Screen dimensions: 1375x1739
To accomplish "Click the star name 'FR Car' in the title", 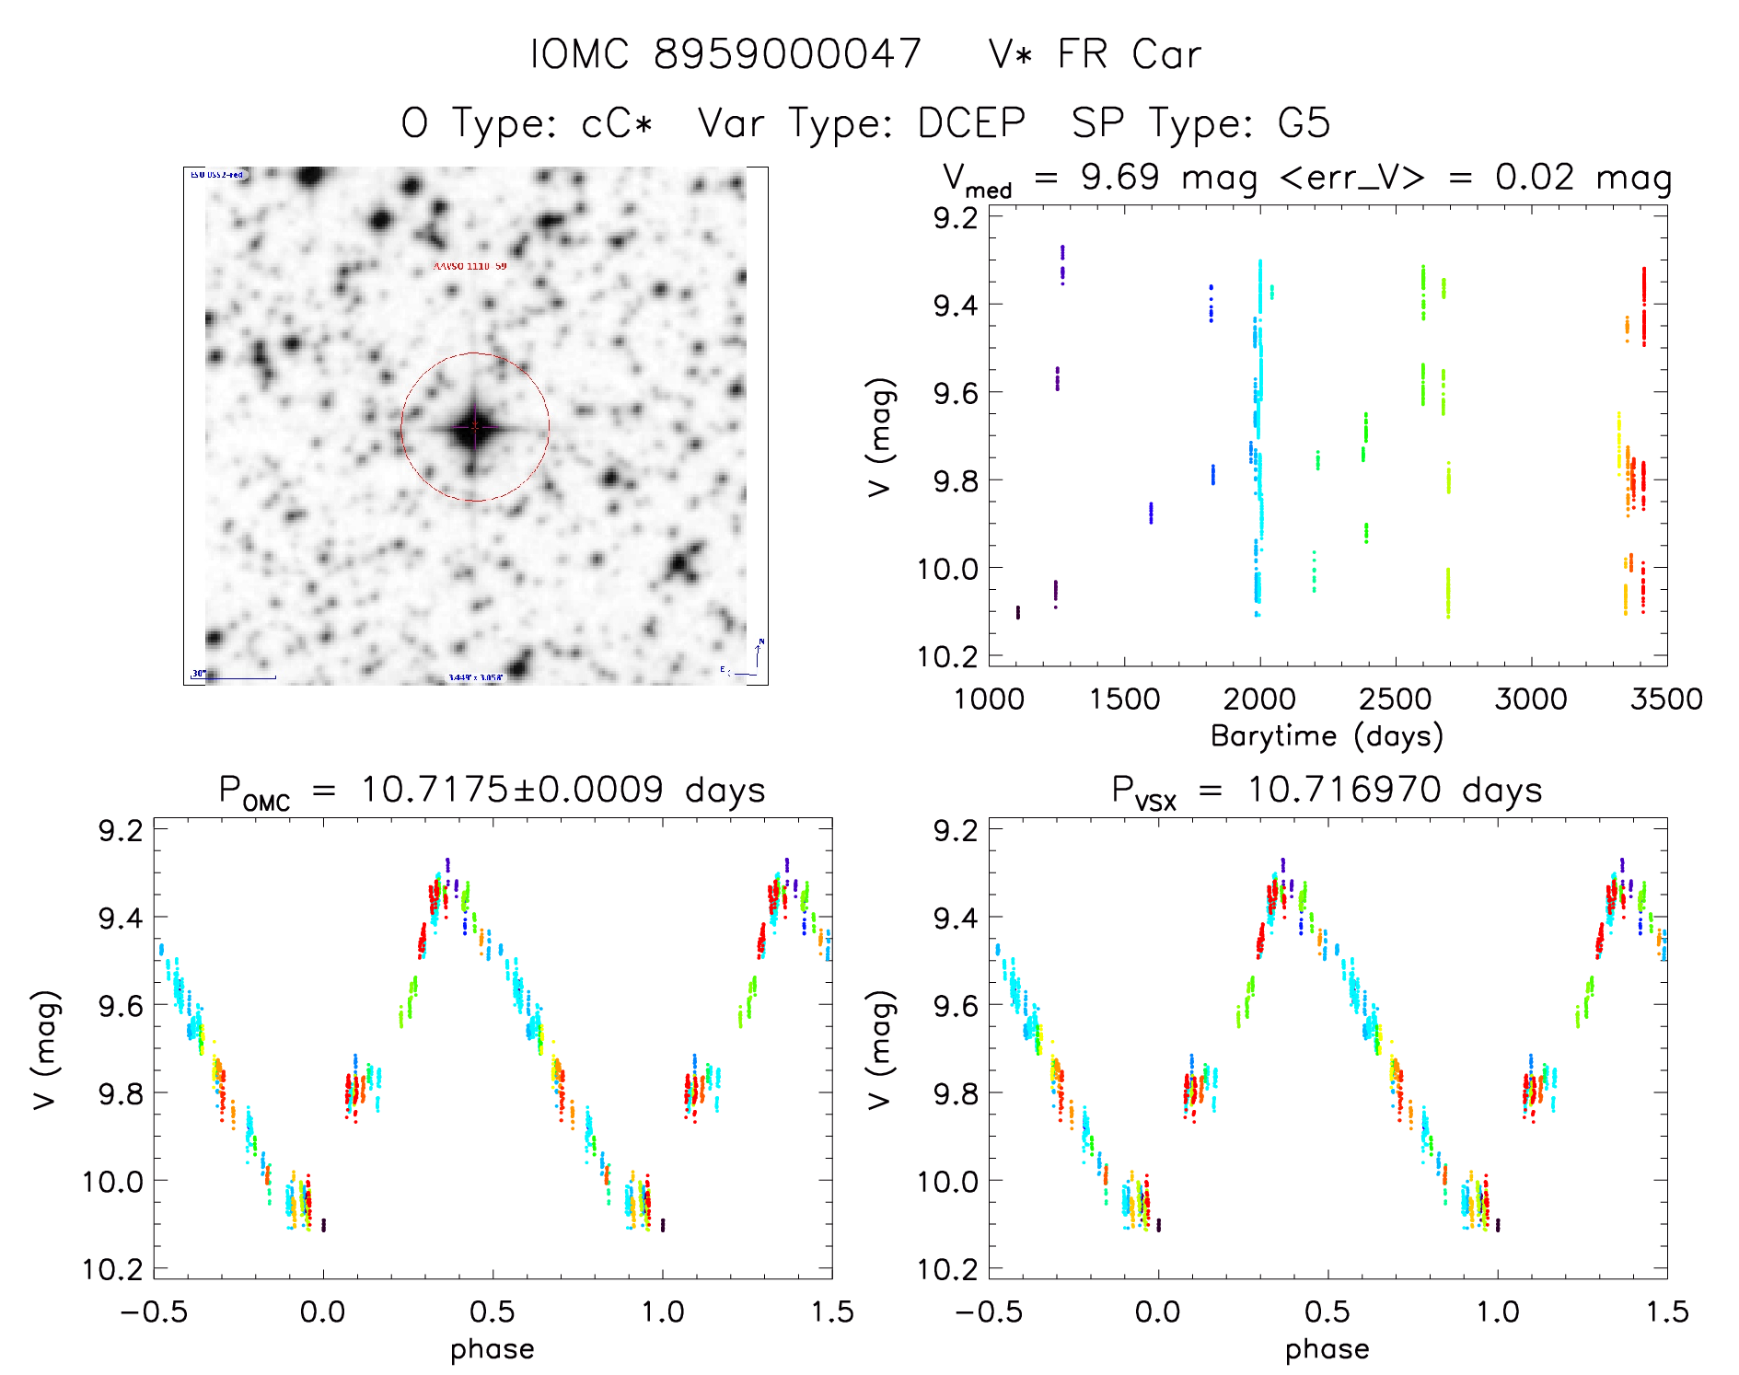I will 1129,54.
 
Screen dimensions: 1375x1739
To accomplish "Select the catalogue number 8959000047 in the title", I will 787,54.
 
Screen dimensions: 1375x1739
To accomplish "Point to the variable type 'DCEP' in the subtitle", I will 971,123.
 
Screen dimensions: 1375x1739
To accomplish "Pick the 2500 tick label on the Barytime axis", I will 1395,699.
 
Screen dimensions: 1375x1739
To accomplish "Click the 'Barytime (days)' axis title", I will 1327,735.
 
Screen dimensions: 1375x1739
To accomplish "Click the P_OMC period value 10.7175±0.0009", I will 512,790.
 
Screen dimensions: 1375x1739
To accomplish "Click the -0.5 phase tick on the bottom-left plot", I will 154,1311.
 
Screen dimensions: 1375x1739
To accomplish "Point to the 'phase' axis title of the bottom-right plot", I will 1327,1349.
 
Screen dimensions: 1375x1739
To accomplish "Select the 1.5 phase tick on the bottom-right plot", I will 1666,1311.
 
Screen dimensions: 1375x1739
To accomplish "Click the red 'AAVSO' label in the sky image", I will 470,266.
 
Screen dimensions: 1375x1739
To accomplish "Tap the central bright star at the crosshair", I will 474,426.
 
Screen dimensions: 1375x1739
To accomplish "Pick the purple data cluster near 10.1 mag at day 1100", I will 1017,612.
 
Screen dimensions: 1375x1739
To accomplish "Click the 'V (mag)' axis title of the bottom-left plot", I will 46,1049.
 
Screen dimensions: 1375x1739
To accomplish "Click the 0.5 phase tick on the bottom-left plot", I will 493,1311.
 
